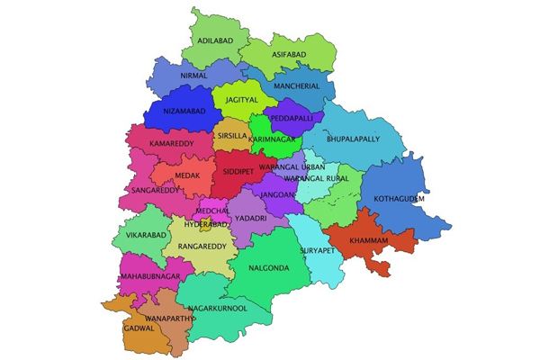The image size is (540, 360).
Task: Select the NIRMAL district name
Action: (x=193, y=76)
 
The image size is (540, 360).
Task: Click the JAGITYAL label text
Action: (x=242, y=100)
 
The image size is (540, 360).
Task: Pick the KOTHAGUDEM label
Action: (x=399, y=199)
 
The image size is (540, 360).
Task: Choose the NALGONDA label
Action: (x=268, y=268)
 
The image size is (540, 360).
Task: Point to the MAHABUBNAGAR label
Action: (x=150, y=276)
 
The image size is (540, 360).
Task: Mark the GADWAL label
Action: (x=139, y=328)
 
